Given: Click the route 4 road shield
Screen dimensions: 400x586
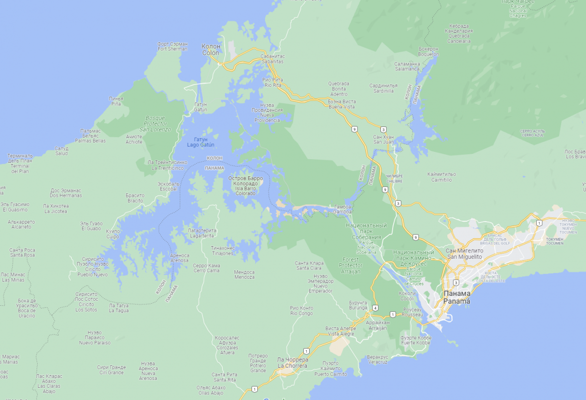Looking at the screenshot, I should pos(375,308).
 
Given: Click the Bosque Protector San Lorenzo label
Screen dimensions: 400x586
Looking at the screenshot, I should pos(155,124).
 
